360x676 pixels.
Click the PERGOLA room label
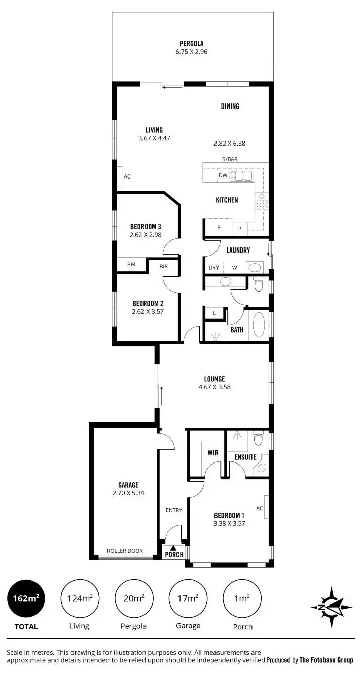pos(191,44)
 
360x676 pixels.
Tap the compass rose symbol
pos(331,607)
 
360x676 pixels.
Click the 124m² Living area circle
pos(80,599)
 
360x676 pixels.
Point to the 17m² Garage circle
pos(188,599)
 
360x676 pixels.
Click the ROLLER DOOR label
pos(125,551)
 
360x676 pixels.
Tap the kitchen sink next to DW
pos(241,176)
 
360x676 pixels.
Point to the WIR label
pos(213,453)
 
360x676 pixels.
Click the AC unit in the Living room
pos(120,176)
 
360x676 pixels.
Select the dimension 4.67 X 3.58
pos(214,387)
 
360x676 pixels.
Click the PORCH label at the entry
pos(174,554)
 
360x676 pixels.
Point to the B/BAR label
pos(230,159)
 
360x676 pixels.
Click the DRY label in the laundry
pos(213,268)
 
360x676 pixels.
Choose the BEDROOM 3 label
pos(146,226)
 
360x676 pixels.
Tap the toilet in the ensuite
pos(259,438)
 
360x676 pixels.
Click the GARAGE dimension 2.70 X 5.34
pos(128,493)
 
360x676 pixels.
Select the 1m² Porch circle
pos(242,599)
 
